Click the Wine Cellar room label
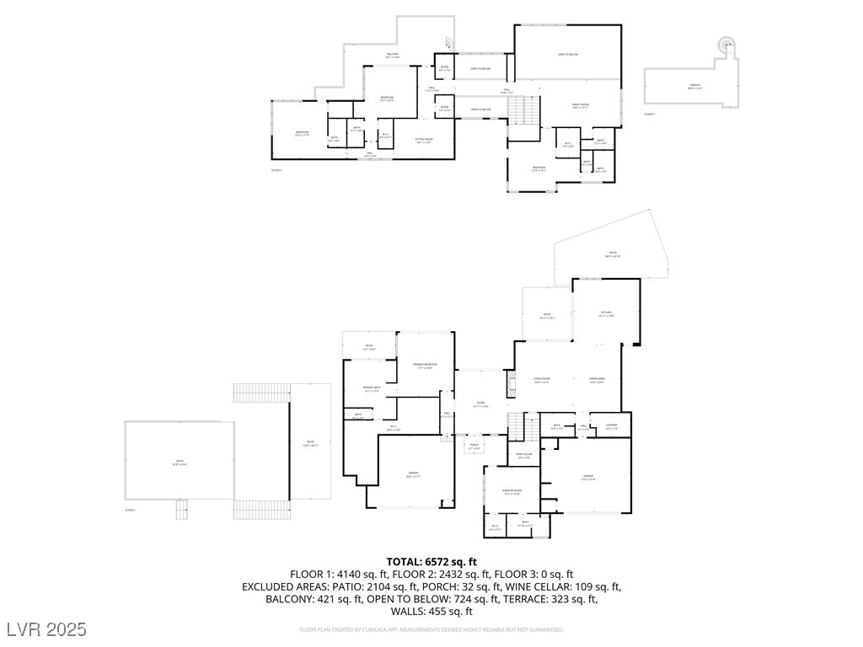point(524,455)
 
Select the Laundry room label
point(611,425)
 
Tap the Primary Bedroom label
point(425,365)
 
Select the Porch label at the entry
point(474,446)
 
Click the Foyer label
point(480,404)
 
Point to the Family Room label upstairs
point(581,105)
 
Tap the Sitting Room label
point(423,140)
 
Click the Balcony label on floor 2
point(392,56)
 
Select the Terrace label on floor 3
point(694,86)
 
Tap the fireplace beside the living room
point(509,386)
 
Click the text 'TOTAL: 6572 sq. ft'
point(431,562)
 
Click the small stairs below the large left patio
point(180,509)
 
